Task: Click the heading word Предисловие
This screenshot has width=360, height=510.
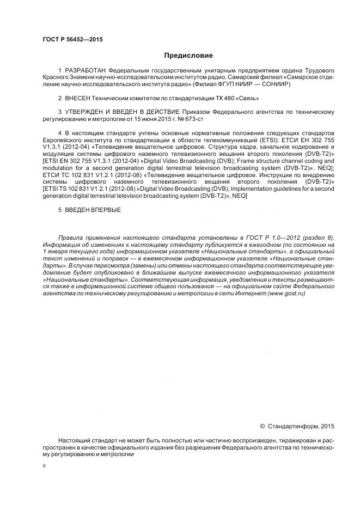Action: click(x=188, y=56)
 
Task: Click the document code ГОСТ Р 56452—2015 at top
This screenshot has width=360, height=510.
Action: click(x=72, y=40)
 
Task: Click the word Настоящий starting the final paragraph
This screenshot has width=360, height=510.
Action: click(x=76, y=440)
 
